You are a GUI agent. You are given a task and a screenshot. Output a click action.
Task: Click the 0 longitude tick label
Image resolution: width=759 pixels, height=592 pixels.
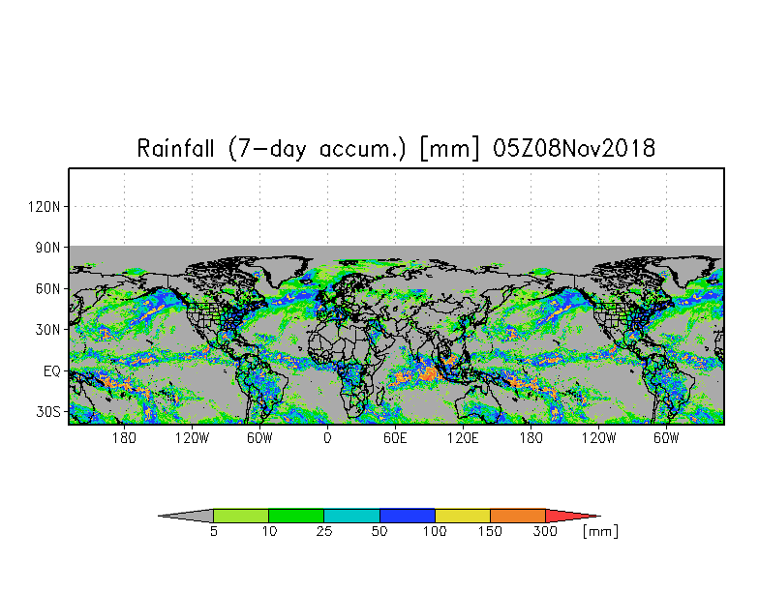(x=327, y=438)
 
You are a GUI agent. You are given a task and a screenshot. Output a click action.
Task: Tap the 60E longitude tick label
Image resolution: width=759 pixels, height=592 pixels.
(x=395, y=438)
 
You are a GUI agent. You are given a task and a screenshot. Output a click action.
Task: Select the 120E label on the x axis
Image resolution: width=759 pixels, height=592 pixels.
(x=463, y=438)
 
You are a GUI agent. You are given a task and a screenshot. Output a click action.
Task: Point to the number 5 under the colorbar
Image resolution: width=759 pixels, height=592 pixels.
(x=213, y=531)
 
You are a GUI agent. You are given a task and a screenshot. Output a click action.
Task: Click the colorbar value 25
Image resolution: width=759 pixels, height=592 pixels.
(x=324, y=531)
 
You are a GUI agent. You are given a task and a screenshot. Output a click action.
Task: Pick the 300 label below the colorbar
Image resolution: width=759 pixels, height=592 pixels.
(x=545, y=531)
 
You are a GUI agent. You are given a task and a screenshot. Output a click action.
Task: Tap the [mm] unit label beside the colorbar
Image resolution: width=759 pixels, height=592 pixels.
(x=600, y=531)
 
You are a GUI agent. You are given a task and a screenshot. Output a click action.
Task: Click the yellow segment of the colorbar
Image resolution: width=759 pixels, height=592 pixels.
(x=463, y=516)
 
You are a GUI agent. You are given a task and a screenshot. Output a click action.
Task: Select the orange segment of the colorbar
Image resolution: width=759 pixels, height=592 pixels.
(x=518, y=516)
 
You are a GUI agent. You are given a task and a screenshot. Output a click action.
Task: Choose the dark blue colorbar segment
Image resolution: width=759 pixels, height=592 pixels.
(x=408, y=516)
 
